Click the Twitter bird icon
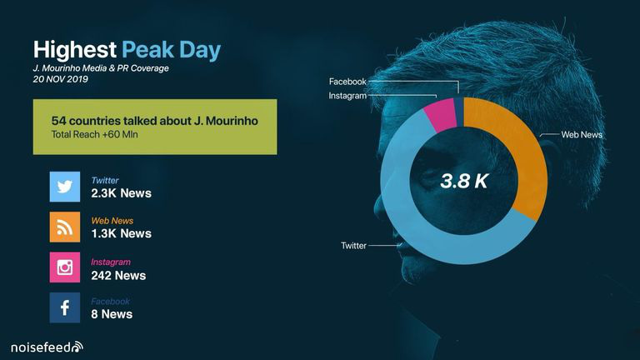tap(65, 187)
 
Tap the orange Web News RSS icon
tap(65, 227)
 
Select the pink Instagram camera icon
tap(65, 267)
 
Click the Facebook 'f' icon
tap(65, 307)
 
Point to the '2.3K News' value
tap(121, 193)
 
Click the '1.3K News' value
tap(121, 233)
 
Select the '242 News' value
tap(118, 276)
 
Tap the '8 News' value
tap(112, 314)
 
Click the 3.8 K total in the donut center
tap(464, 181)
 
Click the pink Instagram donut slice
tap(441, 116)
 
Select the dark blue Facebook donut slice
tap(459, 112)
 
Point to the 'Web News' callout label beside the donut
tap(582, 134)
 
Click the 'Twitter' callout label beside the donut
tap(353, 245)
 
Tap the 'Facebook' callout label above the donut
tap(347, 82)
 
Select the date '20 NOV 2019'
tap(60, 79)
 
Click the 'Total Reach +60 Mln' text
tap(95, 134)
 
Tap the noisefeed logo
tap(47, 347)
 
